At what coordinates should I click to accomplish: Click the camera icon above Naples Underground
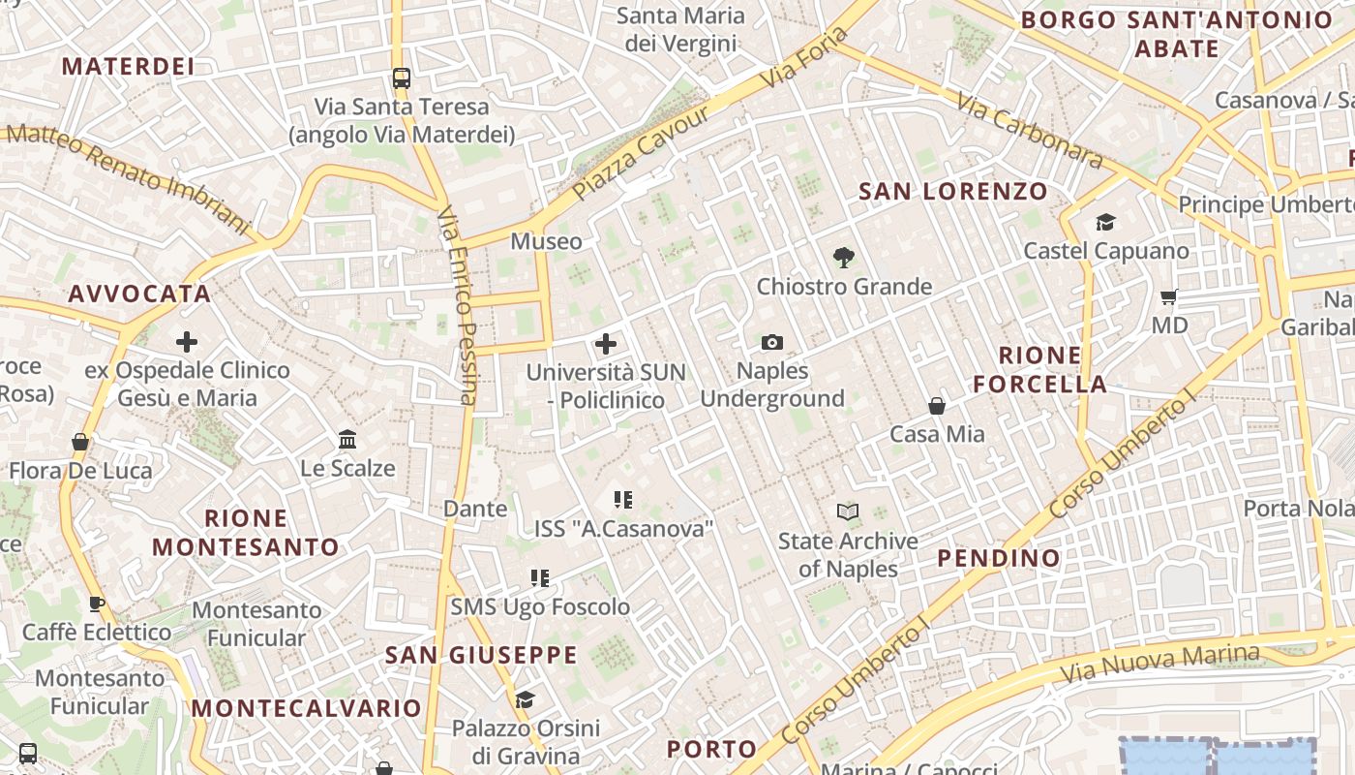point(771,342)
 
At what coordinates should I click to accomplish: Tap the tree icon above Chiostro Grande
point(844,258)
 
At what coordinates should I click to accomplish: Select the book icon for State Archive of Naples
point(848,511)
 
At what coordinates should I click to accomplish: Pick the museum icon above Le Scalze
point(347,440)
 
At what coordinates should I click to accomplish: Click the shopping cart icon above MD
point(1169,296)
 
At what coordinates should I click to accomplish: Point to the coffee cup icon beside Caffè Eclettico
point(96,604)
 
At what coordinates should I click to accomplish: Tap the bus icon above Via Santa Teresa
point(401,78)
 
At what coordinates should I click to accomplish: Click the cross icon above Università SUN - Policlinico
point(606,344)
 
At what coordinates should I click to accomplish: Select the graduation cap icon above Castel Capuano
point(1106,223)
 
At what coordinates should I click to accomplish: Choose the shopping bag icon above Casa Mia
point(937,405)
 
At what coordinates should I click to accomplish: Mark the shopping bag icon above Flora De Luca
point(80,443)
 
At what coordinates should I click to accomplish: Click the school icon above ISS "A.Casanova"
point(623,500)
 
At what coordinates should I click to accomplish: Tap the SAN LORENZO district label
point(953,191)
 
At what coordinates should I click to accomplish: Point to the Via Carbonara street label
point(1030,131)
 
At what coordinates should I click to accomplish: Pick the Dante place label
point(475,509)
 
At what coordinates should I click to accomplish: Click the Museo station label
point(547,241)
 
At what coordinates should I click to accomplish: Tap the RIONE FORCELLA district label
point(1039,369)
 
